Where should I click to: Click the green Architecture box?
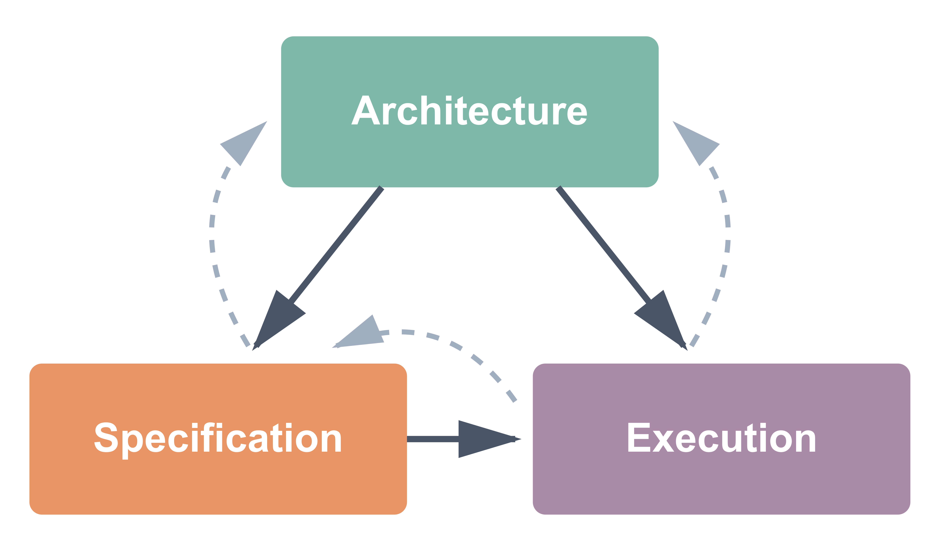click(469, 156)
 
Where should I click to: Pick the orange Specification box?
click(218, 485)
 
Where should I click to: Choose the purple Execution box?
click(721, 485)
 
